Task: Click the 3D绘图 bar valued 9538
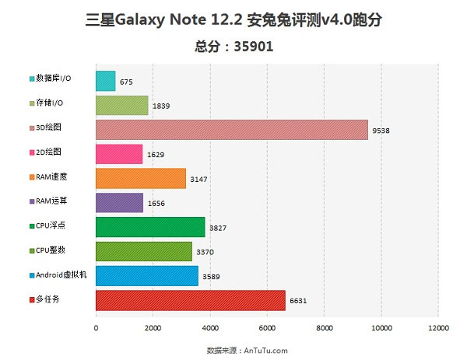coord(231,130)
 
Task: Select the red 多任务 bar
coord(190,300)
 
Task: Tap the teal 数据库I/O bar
coord(105,81)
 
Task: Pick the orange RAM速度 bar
coord(140,178)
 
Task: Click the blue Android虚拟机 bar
coord(146,275)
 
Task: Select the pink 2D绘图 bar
coord(118,154)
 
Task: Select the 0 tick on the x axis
coord(96,329)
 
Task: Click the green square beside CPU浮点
coord(31,226)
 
